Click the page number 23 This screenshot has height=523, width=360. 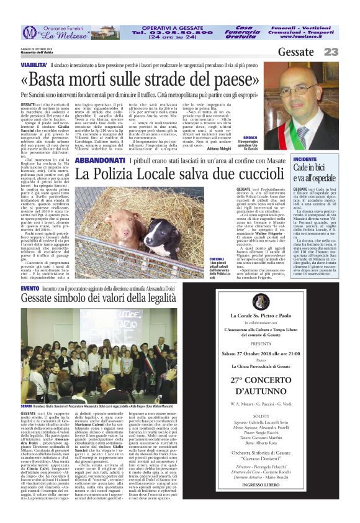(331, 52)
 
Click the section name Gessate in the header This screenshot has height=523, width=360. (296, 52)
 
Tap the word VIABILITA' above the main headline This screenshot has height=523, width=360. (34, 65)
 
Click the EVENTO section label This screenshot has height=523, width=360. (29, 289)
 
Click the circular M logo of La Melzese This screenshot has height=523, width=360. (29, 32)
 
